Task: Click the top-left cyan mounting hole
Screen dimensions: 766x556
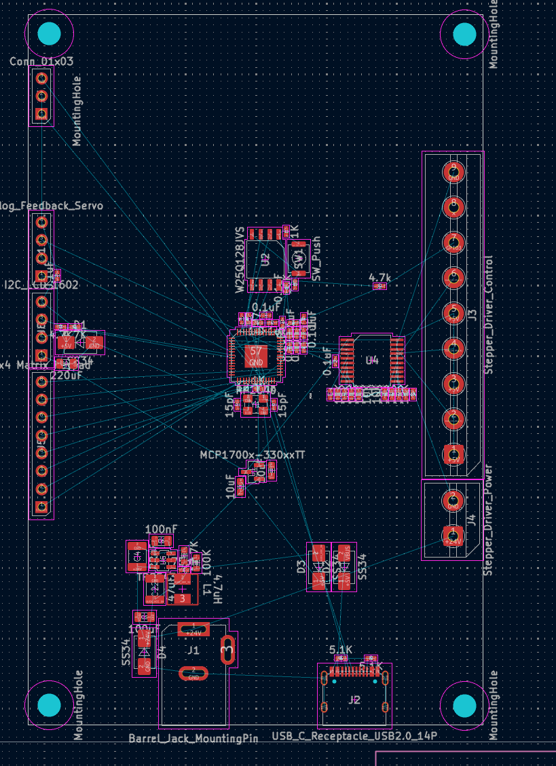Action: pos(49,33)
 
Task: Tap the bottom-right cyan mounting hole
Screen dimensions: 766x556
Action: pos(464,705)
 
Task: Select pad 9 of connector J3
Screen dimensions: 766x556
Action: pos(453,171)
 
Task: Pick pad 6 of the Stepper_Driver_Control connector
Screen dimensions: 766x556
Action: pos(453,277)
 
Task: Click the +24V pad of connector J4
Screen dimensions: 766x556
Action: pos(452,535)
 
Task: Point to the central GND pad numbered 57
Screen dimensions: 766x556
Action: pos(256,355)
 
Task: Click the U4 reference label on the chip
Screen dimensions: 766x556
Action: pos(372,360)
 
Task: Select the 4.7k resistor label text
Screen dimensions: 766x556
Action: pos(379,278)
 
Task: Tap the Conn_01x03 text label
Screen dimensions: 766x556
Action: pos(41,62)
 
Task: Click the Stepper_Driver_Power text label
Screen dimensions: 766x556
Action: pos(488,520)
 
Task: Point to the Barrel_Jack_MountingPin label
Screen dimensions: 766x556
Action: pos(193,738)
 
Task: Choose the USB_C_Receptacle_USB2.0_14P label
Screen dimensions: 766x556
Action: pos(354,736)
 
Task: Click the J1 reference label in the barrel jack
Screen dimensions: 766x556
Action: pos(193,650)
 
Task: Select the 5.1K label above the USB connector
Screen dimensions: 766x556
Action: pos(341,650)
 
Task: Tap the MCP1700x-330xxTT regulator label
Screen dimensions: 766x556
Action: pos(252,455)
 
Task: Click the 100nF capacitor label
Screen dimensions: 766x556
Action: pos(162,529)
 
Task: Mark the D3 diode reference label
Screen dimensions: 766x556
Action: pos(301,567)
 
